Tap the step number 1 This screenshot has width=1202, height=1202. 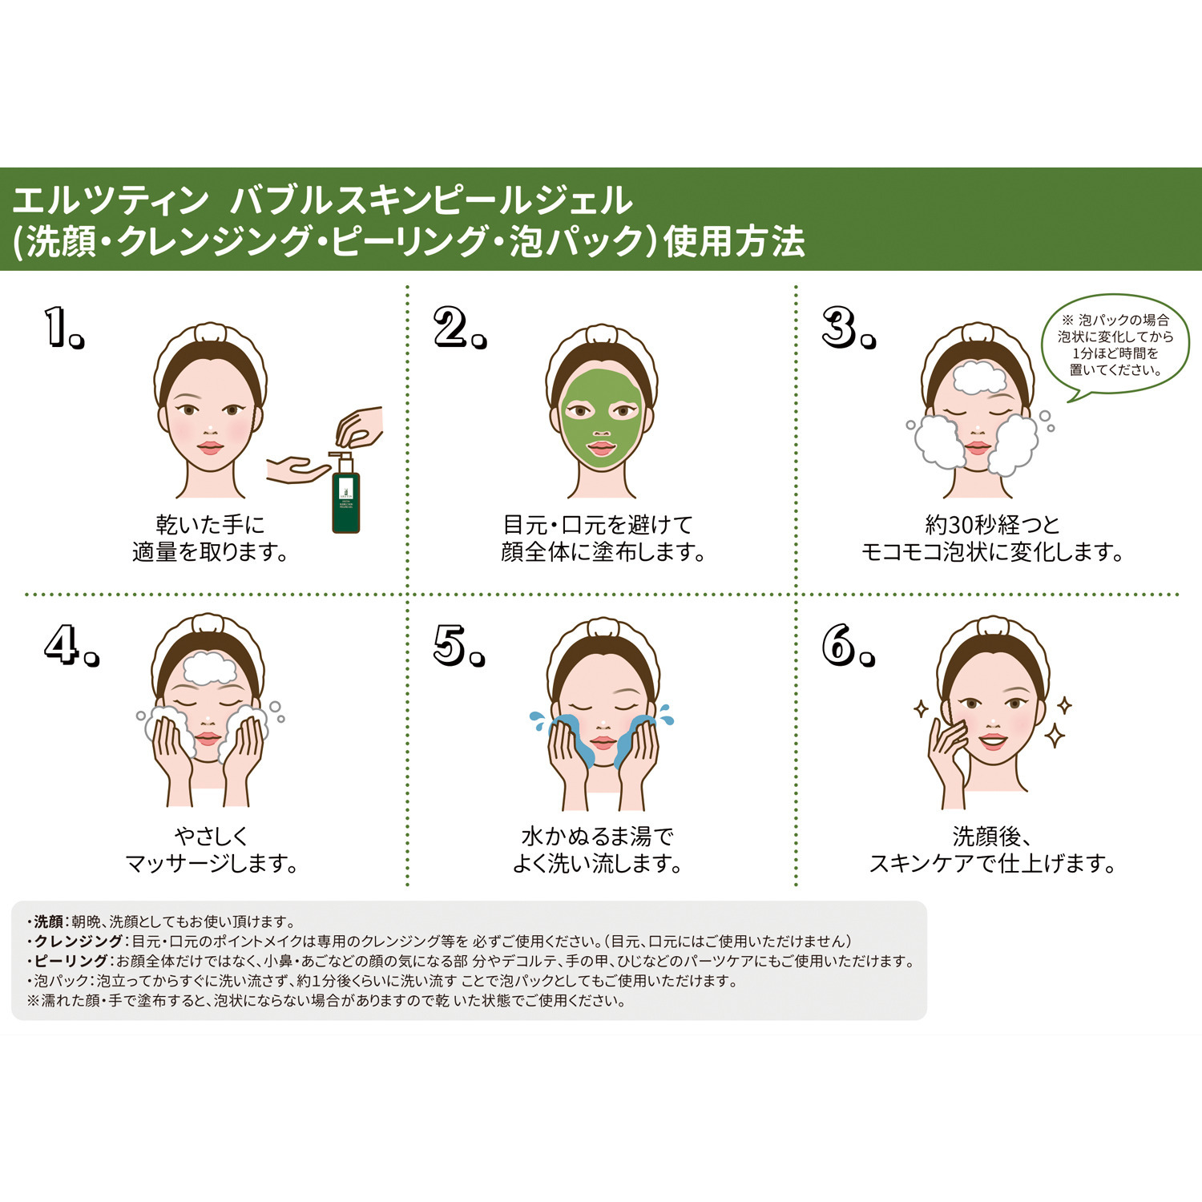pyautogui.click(x=63, y=329)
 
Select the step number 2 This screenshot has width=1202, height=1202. pyautogui.click(x=458, y=329)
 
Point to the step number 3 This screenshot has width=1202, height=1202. pyautogui.click(x=848, y=329)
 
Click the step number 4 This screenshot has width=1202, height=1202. pyautogui.click(x=71, y=645)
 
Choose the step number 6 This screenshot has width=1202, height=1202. pyautogui.click(x=847, y=645)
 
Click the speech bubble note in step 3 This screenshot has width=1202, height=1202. pyautogui.click(x=1115, y=345)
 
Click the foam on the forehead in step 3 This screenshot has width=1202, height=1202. pyautogui.click(x=978, y=377)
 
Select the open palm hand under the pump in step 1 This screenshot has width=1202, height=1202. pyautogui.click(x=295, y=469)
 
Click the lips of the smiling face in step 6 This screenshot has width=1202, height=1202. pyautogui.click(x=992, y=740)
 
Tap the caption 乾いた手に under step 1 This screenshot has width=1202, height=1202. pyautogui.click(x=210, y=525)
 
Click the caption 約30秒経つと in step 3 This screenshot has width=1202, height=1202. pyautogui.click(x=992, y=525)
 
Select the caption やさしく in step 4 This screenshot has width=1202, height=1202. pyautogui.click(x=212, y=837)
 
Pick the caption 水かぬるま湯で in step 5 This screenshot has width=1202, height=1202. pyautogui.click(x=597, y=837)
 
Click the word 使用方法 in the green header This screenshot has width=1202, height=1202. pyautogui.click(x=734, y=242)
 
